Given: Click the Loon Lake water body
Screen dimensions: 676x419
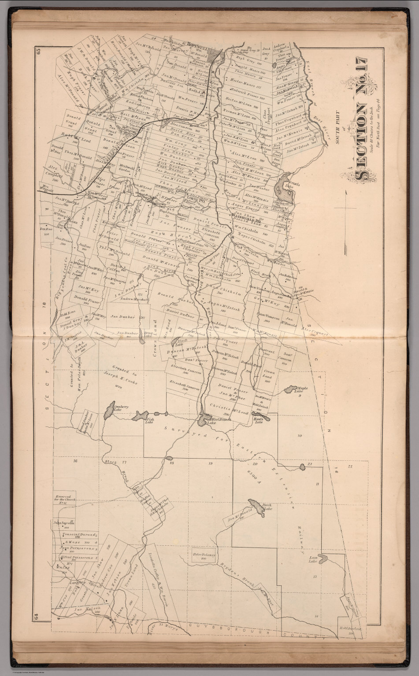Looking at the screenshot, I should coord(323,558).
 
